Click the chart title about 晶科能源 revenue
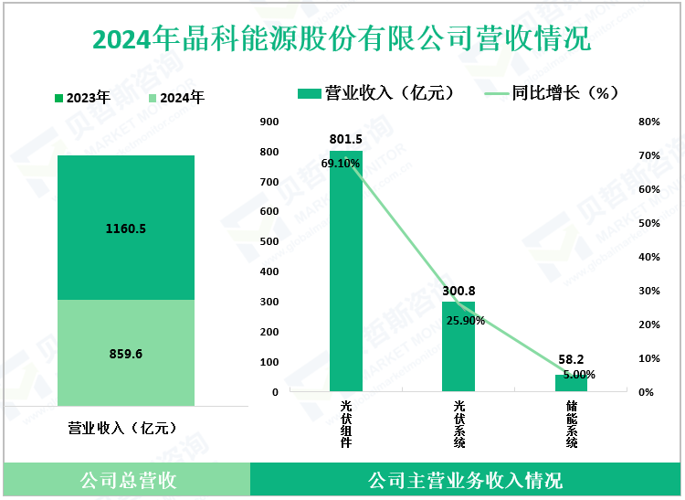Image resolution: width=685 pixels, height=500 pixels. click(x=342, y=39)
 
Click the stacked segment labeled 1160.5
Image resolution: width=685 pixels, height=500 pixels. click(x=126, y=228)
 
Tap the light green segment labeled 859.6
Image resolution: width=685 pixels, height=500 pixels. click(x=126, y=352)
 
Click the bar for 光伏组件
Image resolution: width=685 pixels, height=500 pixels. click(x=346, y=274)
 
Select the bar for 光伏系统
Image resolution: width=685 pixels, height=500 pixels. click(x=458, y=347)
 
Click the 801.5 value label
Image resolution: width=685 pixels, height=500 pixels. click(x=346, y=139)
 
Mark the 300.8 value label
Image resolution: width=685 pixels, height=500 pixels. click(x=458, y=291)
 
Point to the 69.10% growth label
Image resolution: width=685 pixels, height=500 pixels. click(x=341, y=164)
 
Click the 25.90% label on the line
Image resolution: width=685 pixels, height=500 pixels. click(x=466, y=321)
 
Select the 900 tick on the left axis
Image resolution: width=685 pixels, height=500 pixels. click(x=269, y=122)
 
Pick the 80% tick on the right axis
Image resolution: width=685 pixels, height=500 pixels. click(x=648, y=122)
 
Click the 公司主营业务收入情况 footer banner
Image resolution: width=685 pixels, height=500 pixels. click(x=465, y=480)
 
